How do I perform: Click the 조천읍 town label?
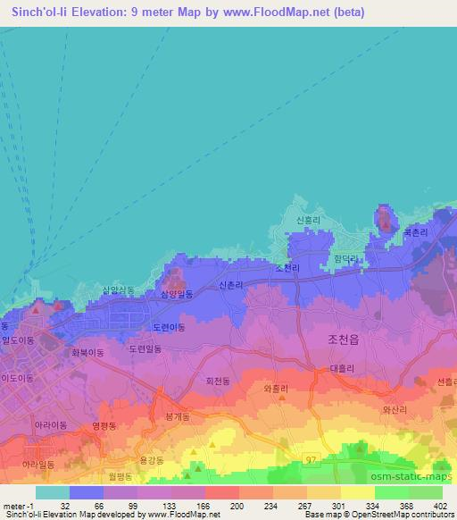(x=337, y=339)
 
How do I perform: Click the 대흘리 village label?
(x=343, y=369)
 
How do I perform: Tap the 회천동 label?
(x=219, y=381)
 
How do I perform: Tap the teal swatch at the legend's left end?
(x=52, y=492)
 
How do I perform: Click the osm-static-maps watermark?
(x=422, y=465)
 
